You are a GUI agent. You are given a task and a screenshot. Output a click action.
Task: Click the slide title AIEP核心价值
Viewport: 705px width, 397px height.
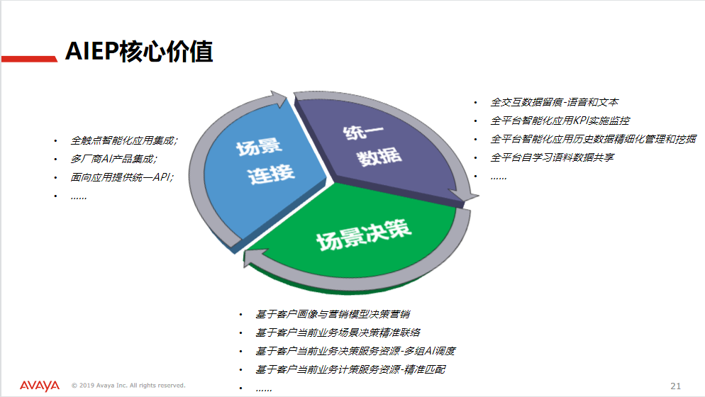pos(139,51)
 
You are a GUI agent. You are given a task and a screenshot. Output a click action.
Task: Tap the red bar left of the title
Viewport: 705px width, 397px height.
pos(29,59)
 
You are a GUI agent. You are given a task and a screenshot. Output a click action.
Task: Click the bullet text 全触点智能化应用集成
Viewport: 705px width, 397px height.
pos(123,141)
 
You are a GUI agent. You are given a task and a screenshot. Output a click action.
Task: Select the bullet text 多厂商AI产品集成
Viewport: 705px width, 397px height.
pos(113,160)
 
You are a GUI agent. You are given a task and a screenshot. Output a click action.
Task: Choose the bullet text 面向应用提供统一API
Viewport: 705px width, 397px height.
pos(122,178)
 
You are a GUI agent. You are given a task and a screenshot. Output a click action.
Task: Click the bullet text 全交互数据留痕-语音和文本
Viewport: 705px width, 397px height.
pos(555,103)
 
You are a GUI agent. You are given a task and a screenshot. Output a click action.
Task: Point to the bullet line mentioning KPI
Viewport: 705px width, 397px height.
pos(560,121)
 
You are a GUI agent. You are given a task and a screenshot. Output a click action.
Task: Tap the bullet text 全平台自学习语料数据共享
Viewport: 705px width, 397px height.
pos(552,158)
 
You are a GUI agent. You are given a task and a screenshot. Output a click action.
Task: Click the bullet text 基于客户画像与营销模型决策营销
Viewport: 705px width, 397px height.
pos(333,314)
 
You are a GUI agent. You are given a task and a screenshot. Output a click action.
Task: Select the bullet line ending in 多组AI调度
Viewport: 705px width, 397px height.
pos(355,351)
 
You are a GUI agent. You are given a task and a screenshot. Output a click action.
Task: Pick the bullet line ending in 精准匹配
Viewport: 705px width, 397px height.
pos(350,369)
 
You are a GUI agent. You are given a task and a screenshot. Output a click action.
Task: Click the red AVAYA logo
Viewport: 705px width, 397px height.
pos(40,386)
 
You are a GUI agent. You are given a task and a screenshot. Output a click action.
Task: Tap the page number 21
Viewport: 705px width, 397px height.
pos(675,386)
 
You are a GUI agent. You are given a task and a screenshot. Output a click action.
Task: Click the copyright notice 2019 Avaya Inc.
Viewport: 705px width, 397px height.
pos(128,386)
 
